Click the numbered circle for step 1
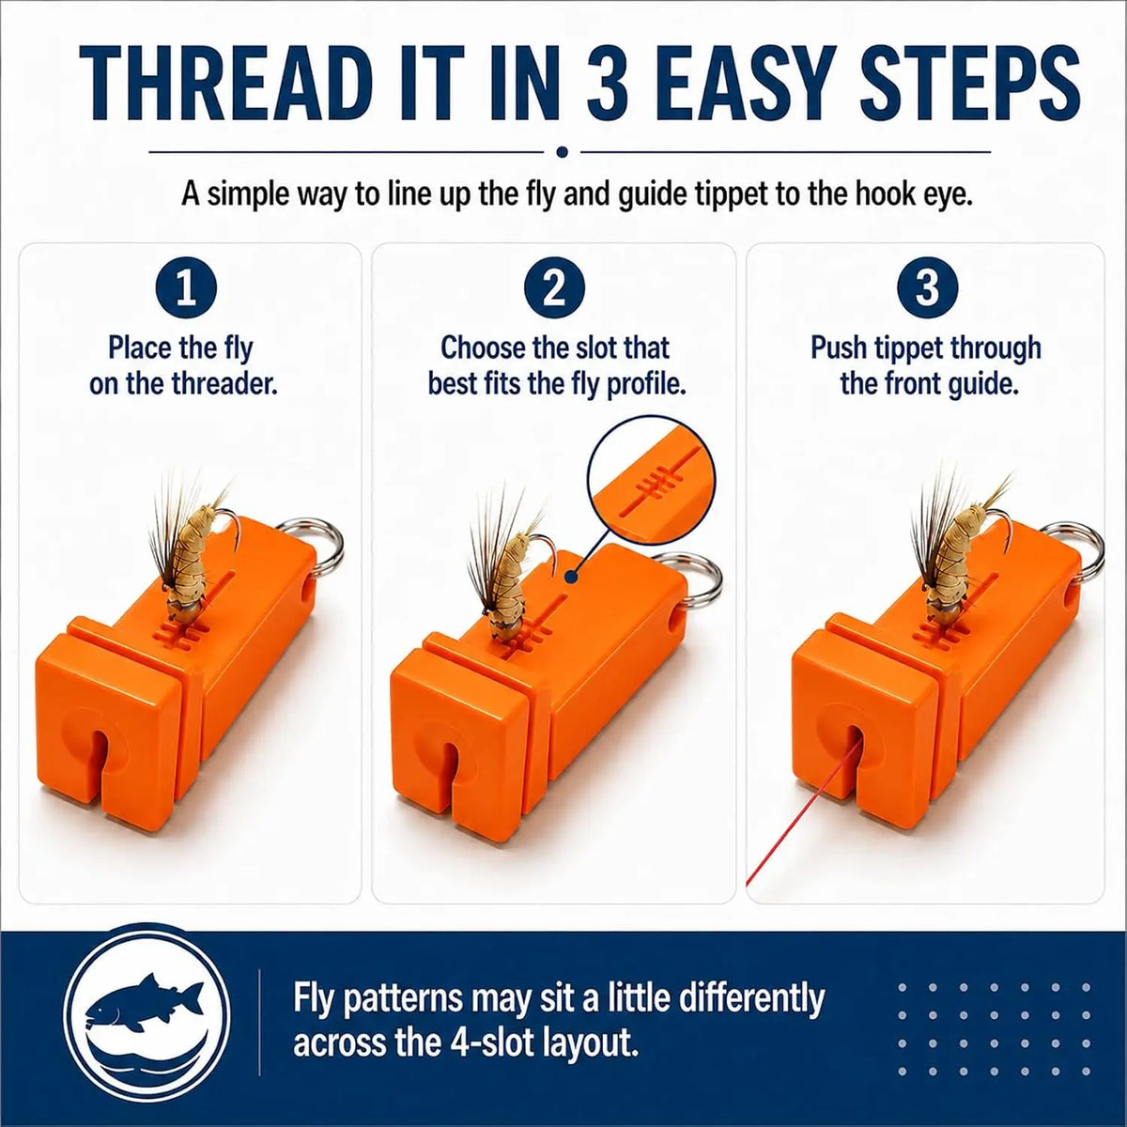click(x=186, y=290)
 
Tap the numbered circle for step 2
click(x=554, y=290)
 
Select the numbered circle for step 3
click(x=928, y=290)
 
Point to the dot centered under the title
click(x=563, y=152)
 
